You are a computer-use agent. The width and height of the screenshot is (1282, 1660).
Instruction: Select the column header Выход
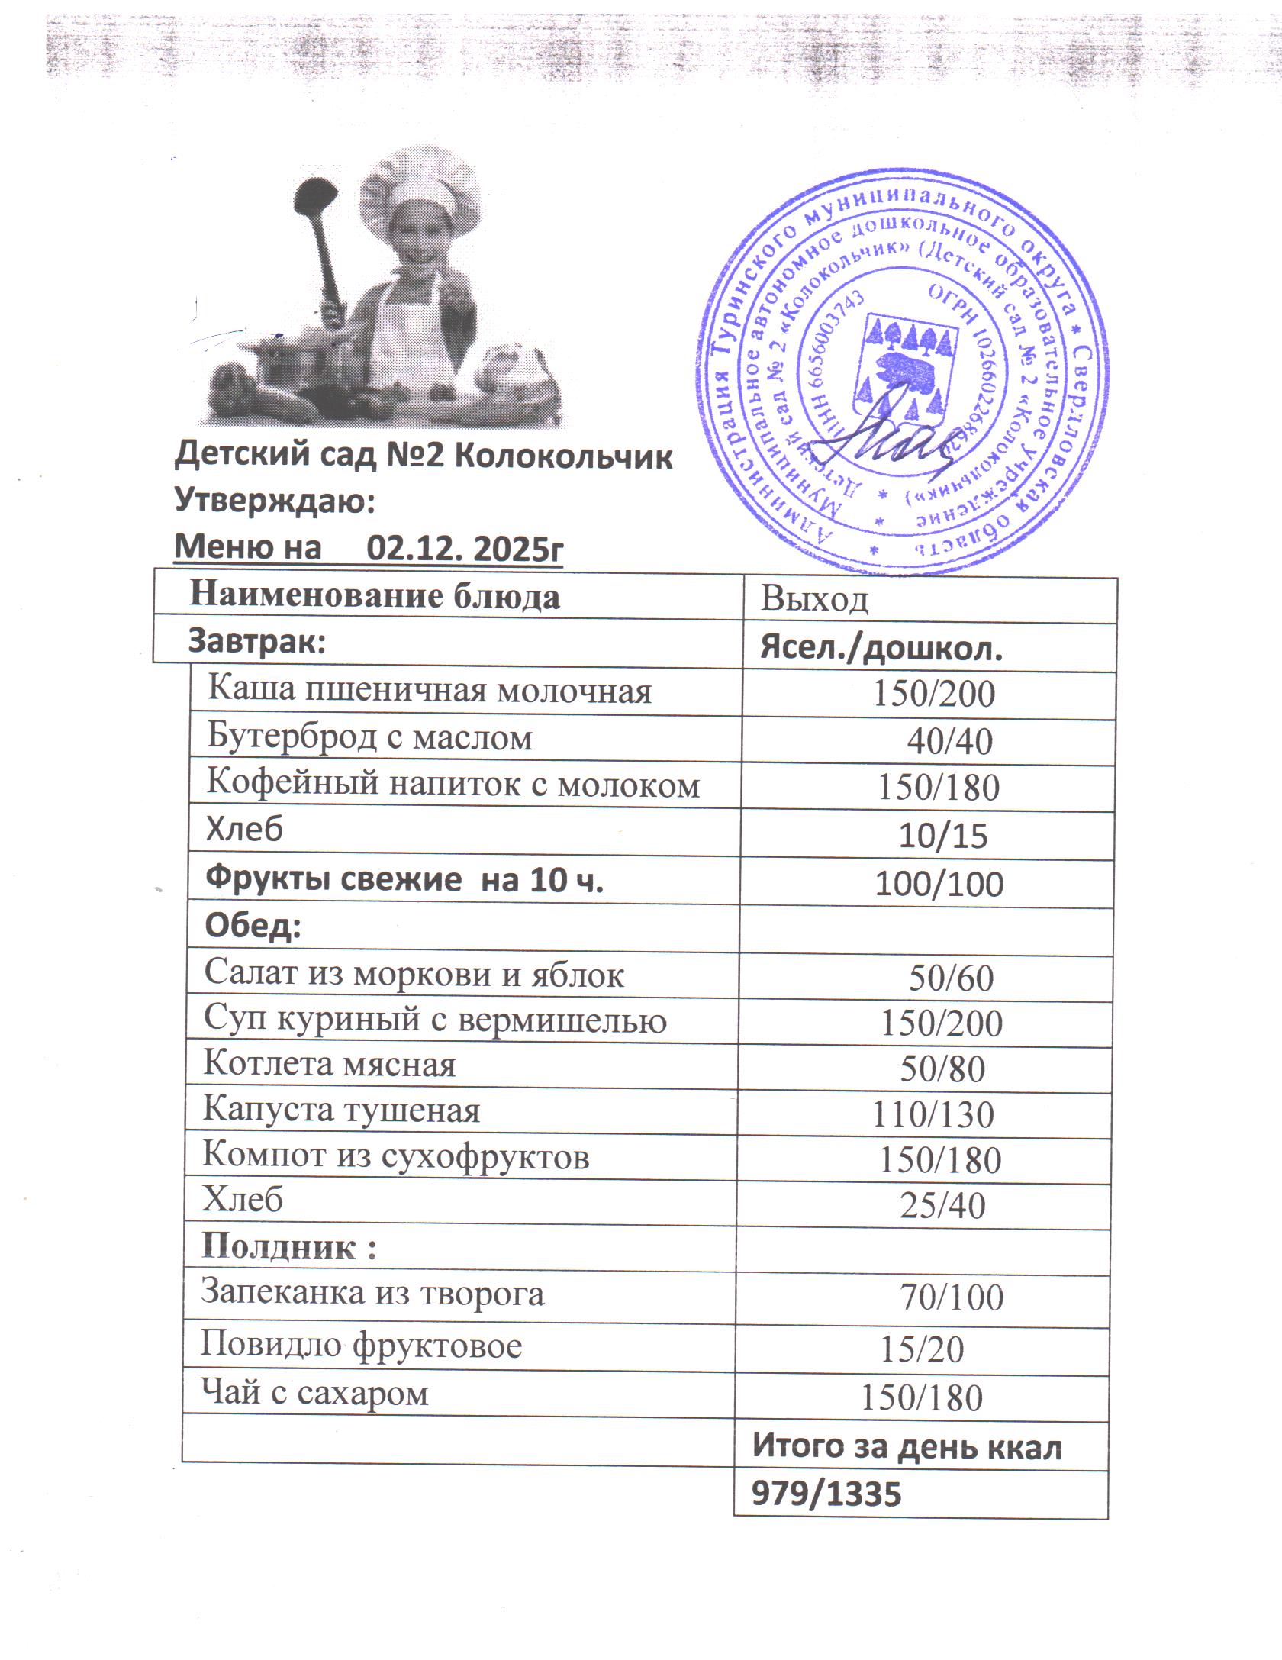coord(814,600)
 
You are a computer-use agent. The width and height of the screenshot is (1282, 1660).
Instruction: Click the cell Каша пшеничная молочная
coord(430,691)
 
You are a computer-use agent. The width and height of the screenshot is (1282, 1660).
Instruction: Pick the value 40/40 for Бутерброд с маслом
coord(949,741)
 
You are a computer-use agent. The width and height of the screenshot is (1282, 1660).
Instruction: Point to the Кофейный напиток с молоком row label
coord(453,785)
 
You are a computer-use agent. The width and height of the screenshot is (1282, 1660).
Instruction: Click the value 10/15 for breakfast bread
coord(943,836)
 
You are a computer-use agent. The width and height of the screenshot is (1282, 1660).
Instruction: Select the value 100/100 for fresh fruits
coord(939,884)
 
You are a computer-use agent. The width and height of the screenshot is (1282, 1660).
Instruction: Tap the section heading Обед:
coord(253,927)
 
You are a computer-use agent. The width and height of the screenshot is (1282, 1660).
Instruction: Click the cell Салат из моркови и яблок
coord(414,975)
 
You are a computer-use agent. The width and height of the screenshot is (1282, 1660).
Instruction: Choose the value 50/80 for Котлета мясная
coord(942,1069)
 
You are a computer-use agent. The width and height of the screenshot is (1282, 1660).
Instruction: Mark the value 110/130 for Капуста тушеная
coord(933,1116)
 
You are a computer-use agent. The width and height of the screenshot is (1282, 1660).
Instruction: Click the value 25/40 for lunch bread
coord(942,1207)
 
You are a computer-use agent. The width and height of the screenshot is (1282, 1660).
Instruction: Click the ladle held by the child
coord(321,237)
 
